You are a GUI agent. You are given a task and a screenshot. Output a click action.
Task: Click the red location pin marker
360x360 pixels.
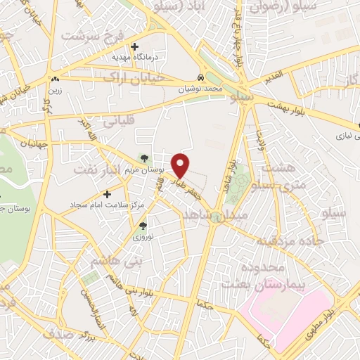[x=181, y=165]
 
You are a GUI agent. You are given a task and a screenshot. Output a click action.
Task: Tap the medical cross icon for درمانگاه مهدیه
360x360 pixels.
[x=134, y=46]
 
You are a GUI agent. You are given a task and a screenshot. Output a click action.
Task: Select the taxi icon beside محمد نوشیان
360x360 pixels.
[x=202, y=78]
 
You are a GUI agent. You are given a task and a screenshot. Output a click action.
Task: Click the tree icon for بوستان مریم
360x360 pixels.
[x=145, y=158]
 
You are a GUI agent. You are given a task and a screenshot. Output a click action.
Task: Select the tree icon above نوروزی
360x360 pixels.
[x=143, y=226]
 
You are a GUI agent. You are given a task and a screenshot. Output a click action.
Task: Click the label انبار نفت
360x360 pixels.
[x=98, y=171]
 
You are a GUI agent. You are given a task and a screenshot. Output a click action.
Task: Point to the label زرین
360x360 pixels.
[x=55, y=90]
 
